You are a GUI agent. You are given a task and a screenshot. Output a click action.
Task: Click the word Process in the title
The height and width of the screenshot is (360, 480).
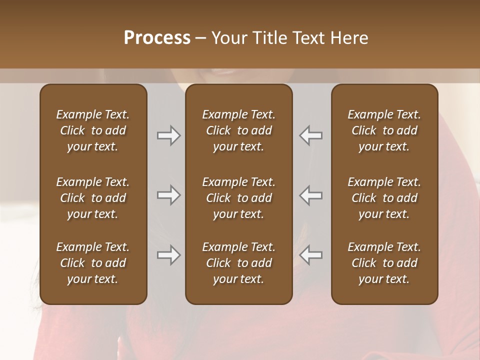tap(157, 38)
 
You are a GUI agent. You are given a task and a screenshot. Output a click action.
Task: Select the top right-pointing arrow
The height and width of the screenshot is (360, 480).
tap(169, 135)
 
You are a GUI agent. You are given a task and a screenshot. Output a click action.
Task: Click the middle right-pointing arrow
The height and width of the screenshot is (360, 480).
tap(169, 195)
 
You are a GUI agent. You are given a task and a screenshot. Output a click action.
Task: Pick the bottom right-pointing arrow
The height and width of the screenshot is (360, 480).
tap(169, 255)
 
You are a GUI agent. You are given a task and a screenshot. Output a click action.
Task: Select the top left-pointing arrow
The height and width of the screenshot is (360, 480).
tap(310, 135)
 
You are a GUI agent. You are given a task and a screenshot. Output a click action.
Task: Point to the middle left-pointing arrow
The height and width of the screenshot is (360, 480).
tap(310, 195)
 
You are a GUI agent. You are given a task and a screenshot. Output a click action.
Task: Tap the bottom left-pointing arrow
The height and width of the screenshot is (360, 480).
tap(310, 255)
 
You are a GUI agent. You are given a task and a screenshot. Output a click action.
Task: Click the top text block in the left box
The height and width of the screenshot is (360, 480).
tap(93, 130)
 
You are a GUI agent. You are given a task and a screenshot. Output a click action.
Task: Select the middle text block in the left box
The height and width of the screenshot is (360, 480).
tap(93, 198)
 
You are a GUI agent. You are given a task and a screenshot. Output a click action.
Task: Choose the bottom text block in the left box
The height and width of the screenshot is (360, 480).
tap(93, 263)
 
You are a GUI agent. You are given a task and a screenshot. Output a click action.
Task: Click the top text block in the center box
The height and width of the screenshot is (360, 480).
tap(239, 130)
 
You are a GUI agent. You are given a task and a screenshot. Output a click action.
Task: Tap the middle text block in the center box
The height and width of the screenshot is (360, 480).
tap(239, 198)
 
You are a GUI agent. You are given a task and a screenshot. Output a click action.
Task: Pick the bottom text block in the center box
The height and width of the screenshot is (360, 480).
tap(239, 263)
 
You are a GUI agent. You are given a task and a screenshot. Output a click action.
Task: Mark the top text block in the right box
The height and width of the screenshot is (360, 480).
tap(384, 130)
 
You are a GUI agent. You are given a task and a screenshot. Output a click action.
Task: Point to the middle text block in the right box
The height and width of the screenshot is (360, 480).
tap(384, 198)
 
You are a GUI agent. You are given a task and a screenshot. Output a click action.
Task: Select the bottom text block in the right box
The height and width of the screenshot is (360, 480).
tap(384, 263)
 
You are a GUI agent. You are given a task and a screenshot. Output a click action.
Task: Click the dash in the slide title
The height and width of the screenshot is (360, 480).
tap(201, 38)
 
